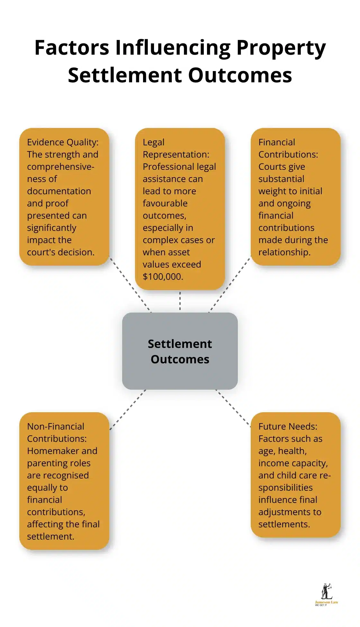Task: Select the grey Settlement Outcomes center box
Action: (180, 351)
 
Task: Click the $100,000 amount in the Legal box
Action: (163, 277)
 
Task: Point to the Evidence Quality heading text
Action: (63, 142)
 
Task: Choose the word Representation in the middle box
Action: (176, 154)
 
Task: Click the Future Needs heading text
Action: (288, 426)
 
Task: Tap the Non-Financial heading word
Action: (56, 426)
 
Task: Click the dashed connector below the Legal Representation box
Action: (180, 301)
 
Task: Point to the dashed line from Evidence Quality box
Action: (130, 285)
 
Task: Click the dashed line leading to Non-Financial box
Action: (128, 409)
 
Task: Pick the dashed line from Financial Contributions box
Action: (230, 285)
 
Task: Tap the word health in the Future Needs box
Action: (291, 451)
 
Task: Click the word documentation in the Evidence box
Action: (59, 191)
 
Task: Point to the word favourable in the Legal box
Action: (165, 203)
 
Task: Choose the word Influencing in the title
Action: (173, 48)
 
